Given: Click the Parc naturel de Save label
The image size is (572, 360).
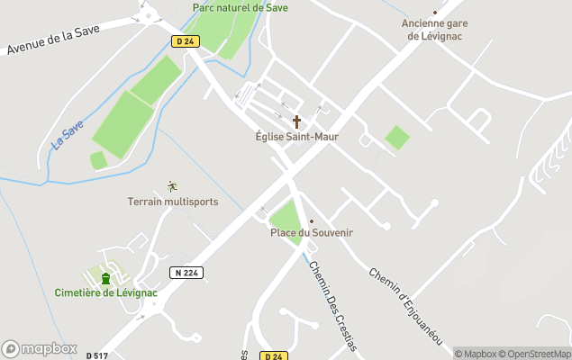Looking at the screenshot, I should click(240, 7).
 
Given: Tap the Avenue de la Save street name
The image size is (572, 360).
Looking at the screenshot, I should click(64, 37).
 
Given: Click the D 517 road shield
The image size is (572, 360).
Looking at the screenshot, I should click(96, 355).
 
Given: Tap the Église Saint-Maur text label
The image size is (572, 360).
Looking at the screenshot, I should click(297, 138).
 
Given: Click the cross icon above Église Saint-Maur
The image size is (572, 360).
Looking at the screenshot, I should click(297, 121).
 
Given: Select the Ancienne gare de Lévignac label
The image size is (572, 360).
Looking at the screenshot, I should click(435, 30).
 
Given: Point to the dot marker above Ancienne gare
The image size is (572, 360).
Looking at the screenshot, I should click(435, 13).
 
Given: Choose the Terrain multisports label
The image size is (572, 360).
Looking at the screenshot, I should click(172, 202).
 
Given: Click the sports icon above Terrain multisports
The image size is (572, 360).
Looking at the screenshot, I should click(172, 186).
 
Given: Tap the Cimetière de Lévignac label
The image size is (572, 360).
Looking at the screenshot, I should click(105, 292).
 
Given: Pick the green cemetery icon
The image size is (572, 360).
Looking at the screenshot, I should click(105, 277).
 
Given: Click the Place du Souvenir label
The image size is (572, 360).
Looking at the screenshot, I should click(312, 233).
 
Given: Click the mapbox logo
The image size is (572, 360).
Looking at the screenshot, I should click(40, 348).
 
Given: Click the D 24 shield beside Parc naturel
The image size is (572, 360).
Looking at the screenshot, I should click(186, 40).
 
